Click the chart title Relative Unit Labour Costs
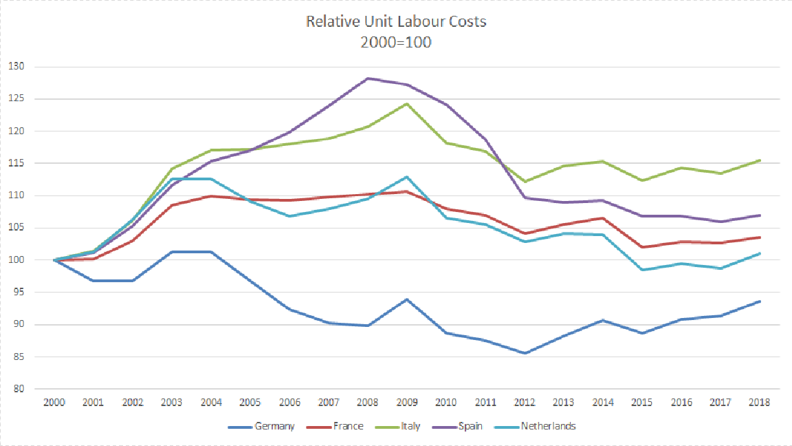(396, 21)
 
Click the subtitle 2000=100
(396, 41)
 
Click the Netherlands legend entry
(547, 426)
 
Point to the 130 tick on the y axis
(16, 67)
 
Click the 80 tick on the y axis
(18, 389)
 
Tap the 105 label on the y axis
(16, 228)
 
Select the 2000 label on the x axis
(54, 402)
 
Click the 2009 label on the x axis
(407, 402)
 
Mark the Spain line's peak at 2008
(368, 78)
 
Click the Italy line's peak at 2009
(407, 104)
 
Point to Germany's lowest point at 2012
(525, 353)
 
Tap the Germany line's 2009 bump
(407, 299)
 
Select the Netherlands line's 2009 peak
(407, 177)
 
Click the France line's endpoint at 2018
(760, 237)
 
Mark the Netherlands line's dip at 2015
(642, 270)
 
